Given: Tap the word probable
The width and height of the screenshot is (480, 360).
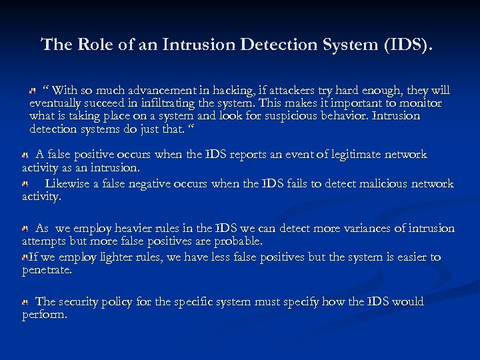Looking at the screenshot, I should click(x=237, y=241).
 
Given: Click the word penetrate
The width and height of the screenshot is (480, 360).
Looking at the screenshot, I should click(x=46, y=270).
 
